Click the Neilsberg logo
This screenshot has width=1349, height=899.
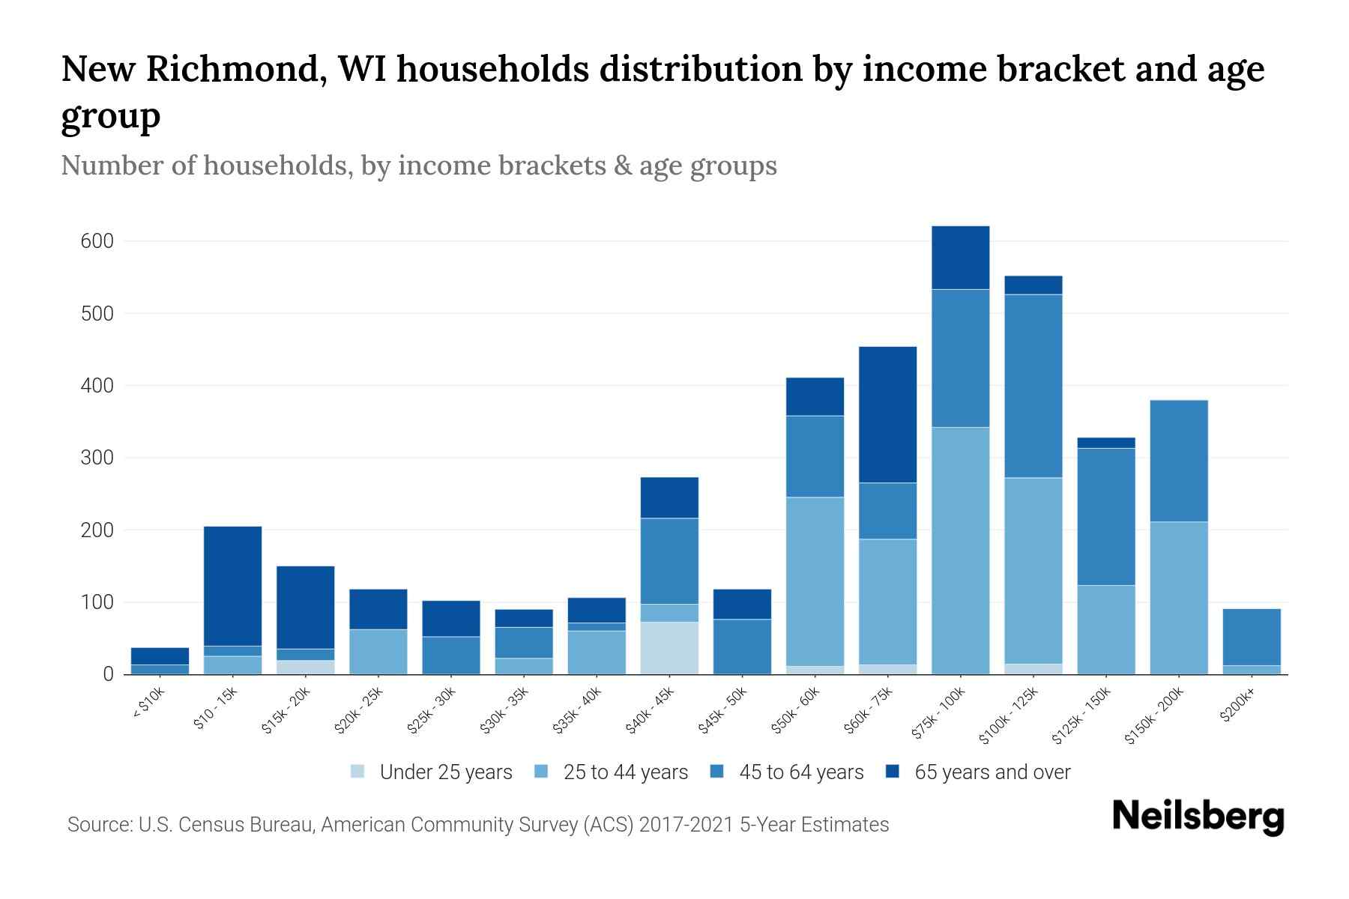point(1198,817)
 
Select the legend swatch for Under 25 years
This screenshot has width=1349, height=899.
point(358,772)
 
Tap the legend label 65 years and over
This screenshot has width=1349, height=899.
point(992,772)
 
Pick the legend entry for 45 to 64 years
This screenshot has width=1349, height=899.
point(801,772)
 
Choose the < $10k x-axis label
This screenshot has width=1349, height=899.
point(148,704)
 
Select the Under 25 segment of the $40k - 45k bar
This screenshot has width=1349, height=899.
point(669,648)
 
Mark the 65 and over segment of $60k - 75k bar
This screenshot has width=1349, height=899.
point(887,414)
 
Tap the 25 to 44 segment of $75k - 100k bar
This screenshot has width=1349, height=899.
point(960,551)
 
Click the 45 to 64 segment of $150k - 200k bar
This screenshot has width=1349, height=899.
point(1178,461)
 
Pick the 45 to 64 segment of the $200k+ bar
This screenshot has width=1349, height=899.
point(1251,637)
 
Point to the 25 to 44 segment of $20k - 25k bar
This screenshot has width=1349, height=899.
point(378,652)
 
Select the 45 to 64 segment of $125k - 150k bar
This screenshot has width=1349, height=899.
point(1105,517)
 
